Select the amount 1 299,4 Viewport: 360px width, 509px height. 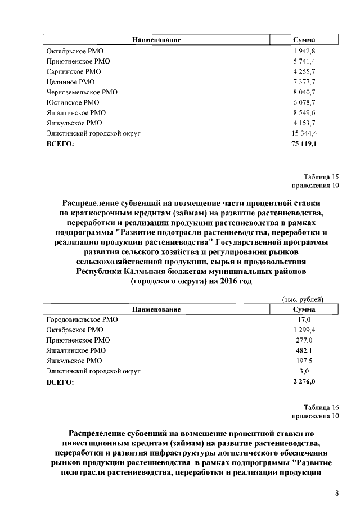click(x=304, y=330)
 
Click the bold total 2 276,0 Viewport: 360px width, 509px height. click(x=304, y=382)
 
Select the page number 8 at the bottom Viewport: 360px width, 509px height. click(x=336, y=493)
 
